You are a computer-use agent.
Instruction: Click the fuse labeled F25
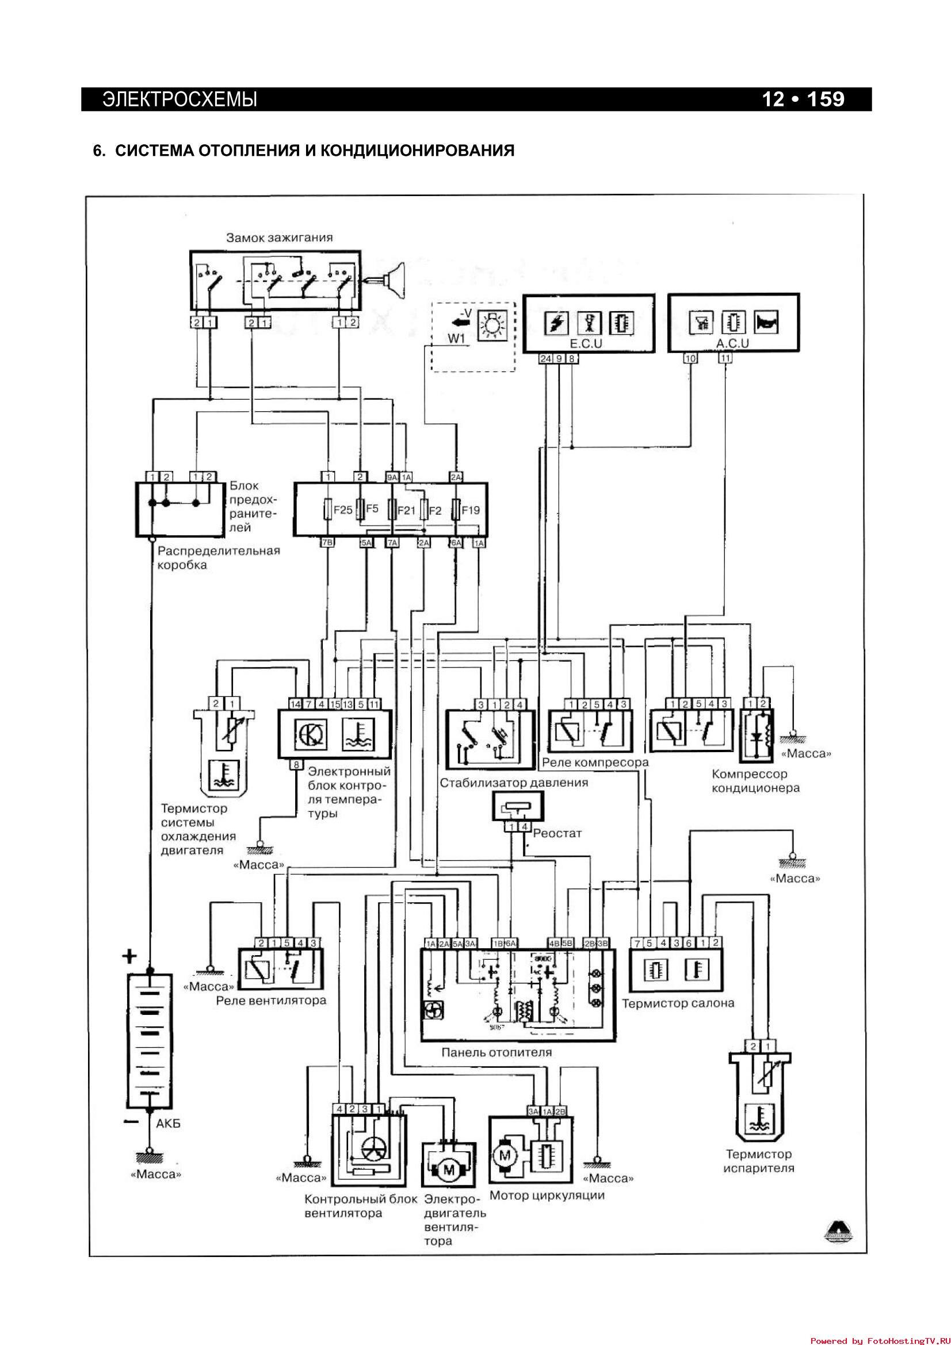tap(329, 509)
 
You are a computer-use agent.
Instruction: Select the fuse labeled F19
tap(455, 509)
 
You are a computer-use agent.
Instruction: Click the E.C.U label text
tap(586, 343)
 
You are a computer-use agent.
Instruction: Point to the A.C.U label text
tap(732, 343)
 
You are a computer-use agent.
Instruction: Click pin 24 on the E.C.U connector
tap(545, 358)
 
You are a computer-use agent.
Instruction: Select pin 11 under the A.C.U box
tap(725, 358)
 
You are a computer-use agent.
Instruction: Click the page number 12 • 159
tap(803, 99)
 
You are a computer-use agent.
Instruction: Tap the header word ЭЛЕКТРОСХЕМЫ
tap(180, 99)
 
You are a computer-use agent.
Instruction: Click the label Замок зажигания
tap(280, 238)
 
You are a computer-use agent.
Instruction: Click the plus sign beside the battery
tap(129, 957)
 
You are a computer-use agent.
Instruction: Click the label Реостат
tap(557, 834)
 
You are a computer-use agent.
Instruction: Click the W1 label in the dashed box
tap(456, 339)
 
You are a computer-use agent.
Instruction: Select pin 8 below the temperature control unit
tap(296, 764)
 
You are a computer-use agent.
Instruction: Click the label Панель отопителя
tap(496, 1053)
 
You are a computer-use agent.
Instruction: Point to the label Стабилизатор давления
tap(514, 783)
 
